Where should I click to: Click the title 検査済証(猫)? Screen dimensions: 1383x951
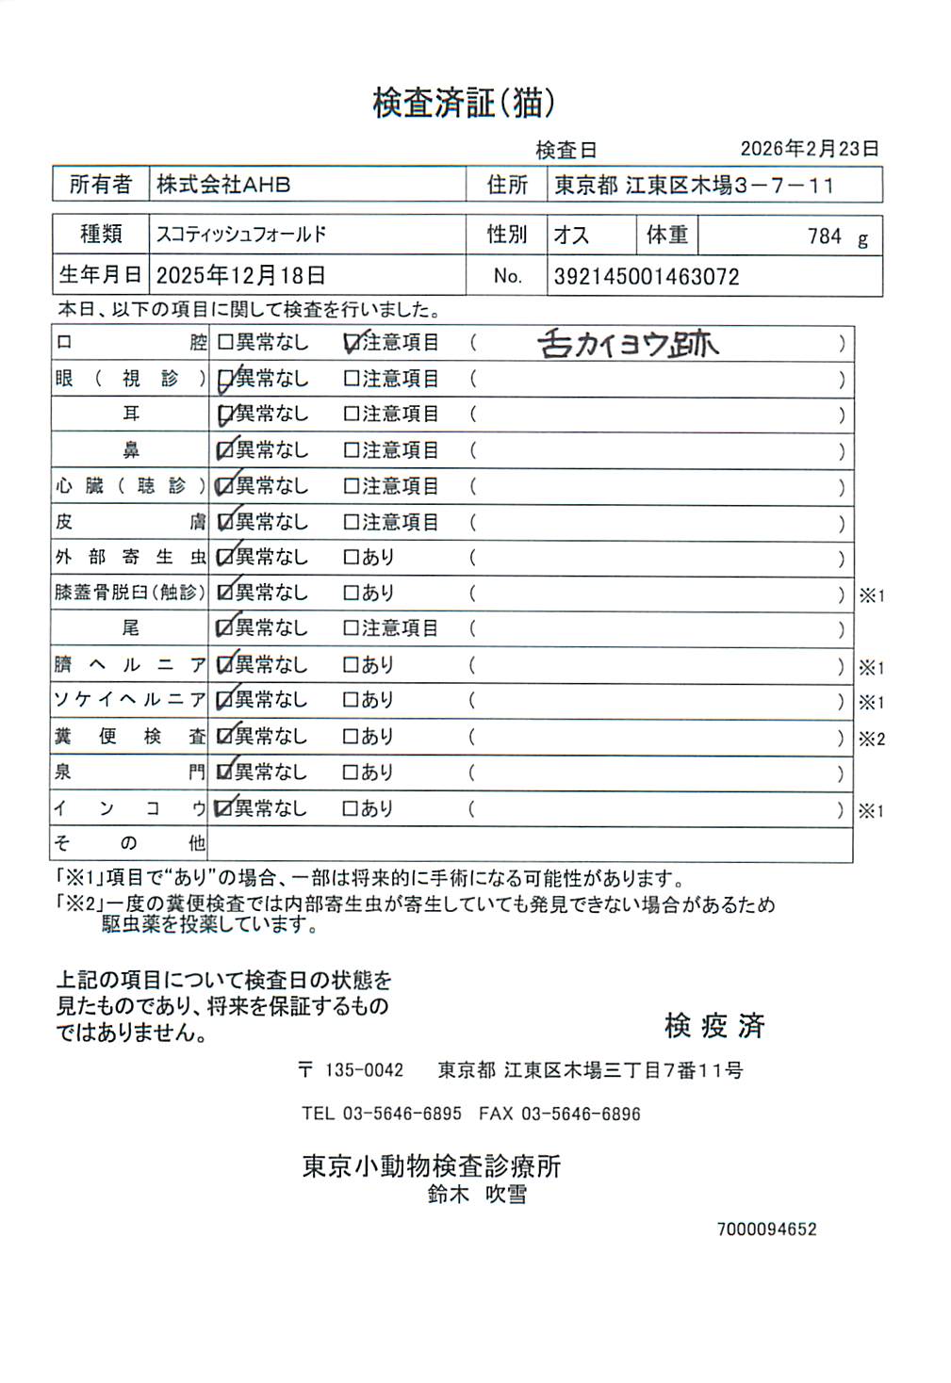464,103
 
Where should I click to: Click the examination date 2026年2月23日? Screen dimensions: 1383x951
809,149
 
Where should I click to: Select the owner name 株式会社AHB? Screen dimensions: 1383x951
223,185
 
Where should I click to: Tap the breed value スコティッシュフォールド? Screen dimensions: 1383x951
241,234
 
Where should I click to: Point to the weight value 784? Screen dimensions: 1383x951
824,236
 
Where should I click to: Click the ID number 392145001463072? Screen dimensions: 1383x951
646,277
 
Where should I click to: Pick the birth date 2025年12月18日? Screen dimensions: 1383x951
240,276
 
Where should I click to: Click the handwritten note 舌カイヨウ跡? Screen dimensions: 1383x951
628,344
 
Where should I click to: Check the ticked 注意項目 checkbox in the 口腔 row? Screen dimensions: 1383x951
353,344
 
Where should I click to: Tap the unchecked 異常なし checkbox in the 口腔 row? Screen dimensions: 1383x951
225,343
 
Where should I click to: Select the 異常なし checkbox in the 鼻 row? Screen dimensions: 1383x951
225,451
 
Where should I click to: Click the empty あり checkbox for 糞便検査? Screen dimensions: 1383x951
352,737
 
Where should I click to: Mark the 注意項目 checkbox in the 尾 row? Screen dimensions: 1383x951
352,628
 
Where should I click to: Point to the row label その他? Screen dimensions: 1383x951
129,843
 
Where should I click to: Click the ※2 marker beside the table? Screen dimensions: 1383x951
871,740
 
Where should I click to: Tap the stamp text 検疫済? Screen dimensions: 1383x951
714,1025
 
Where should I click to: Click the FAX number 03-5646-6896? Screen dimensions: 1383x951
580,1114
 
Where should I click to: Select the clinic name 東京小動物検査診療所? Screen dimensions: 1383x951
431,1166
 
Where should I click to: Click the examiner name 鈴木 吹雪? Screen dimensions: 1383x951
477,1195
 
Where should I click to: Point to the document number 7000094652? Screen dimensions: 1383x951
766,1229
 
